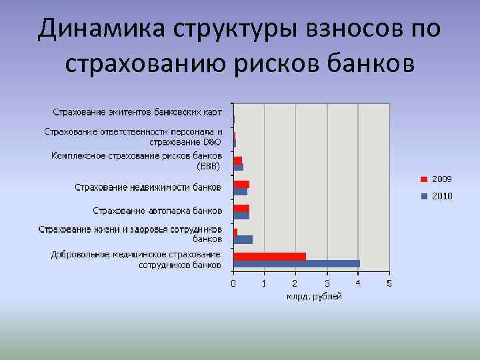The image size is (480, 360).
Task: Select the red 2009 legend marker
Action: pos(424,179)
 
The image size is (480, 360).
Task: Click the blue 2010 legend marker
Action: pos(424,196)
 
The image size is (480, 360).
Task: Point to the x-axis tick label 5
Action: pos(389,283)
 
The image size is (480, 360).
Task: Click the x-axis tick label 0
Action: pos(233,283)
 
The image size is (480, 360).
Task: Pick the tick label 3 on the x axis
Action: pos(327,283)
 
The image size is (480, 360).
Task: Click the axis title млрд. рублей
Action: pos(314,296)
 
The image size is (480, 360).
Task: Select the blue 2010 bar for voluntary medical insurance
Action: pos(297,263)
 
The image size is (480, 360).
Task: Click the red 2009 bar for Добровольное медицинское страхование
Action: pos(269,256)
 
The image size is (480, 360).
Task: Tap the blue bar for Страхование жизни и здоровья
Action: pos(243,239)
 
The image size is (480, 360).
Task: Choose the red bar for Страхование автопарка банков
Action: pos(241,208)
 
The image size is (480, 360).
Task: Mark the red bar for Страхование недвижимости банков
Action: pos(241,184)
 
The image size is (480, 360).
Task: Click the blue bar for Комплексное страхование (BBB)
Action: pos(239,167)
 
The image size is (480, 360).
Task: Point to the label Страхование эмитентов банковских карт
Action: pos(138,111)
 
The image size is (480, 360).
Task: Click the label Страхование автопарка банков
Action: pos(157,211)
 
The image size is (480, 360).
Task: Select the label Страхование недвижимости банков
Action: pos(148,187)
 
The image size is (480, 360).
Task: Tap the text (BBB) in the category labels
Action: pos(209,165)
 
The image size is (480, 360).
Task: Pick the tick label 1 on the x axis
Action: pos(265,283)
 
